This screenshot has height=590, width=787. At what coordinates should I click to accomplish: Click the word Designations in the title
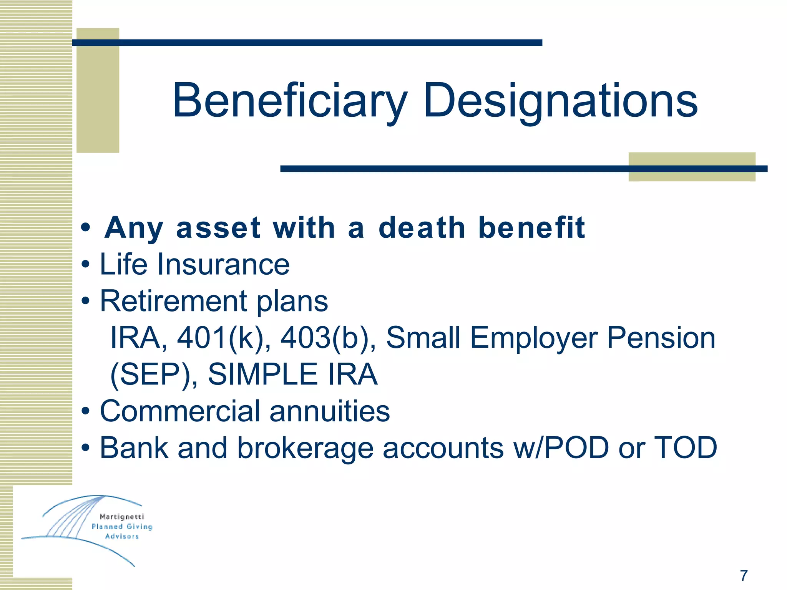(560, 101)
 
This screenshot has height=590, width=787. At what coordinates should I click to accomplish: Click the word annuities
(330, 411)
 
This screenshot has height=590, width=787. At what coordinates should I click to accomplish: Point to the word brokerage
(305, 448)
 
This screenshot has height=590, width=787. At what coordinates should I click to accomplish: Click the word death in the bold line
(422, 227)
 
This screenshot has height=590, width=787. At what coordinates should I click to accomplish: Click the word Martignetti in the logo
(122, 517)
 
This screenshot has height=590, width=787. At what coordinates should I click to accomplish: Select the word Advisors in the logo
(122, 537)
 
